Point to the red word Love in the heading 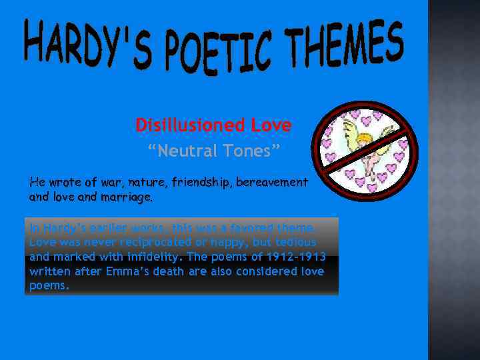click(271, 125)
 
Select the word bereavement click(270, 181)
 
